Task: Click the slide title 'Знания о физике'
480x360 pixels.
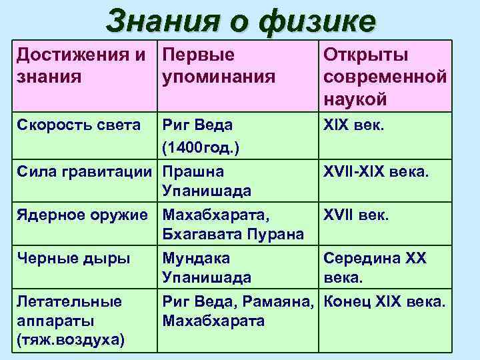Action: (x=240, y=21)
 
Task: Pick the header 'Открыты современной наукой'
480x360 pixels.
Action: (x=385, y=77)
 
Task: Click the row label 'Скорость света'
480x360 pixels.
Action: (x=79, y=125)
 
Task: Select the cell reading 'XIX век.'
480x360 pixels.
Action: (x=353, y=125)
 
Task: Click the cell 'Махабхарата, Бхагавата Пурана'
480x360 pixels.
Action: (x=233, y=225)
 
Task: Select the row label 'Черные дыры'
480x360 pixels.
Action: (x=73, y=259)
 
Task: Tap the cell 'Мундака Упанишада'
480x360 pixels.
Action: (x=207, y=268)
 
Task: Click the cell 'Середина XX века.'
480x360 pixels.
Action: (x=375, y=268)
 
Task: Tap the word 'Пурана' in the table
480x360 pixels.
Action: (x=278, y=235)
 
